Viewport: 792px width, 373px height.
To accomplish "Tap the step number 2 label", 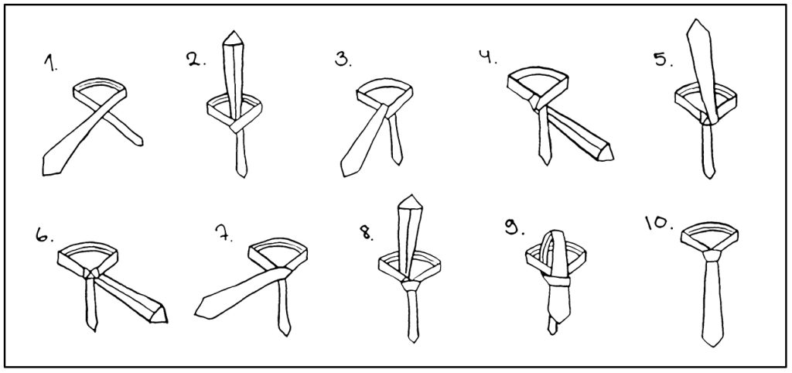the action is click(x=196, y=60).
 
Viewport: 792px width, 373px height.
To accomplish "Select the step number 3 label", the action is click(x=343, y=60).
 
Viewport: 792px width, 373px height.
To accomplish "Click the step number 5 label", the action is click(x=664, y=60).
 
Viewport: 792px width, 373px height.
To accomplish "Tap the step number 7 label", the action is click(x=224, y=234).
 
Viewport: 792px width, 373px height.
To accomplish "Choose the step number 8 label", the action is click(x=366, y=232).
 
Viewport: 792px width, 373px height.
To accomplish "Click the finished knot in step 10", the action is click(x=711, y=253).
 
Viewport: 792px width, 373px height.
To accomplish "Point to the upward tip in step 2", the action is click(x=232, y=32).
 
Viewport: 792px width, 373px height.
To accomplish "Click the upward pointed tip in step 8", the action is click(x=411, y=195).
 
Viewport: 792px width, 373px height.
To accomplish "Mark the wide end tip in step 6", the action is click(x=167, y=320).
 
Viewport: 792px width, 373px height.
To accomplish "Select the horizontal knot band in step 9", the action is click(x=558, y=281).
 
